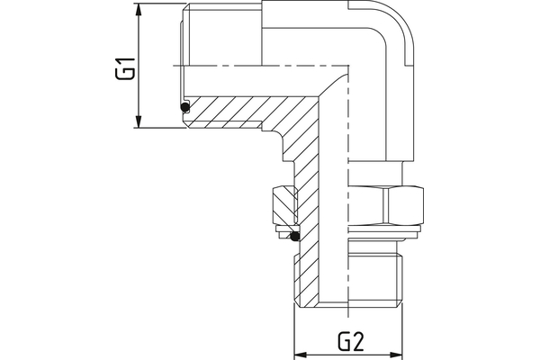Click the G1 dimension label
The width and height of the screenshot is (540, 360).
click(x=125, y=69)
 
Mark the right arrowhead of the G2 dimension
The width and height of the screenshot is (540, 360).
click(x=398, y=354)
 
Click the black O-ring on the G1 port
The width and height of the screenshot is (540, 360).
click(x=185, y=108)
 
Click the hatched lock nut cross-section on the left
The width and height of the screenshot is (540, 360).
click(x=283, y=206)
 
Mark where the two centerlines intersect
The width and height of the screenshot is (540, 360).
click(x=347, y=64)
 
